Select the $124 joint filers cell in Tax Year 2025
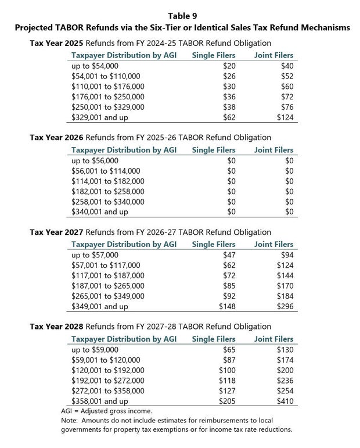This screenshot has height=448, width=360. click(285, 117)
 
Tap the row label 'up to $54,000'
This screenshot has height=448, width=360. click(95, 66)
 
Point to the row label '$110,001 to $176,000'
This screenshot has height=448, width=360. click(107, 87)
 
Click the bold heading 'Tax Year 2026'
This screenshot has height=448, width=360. click(56, 138)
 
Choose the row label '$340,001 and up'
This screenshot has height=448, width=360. click(99, 212)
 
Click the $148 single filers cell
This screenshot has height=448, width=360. click(227, 306)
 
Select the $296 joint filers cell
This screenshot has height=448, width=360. click(285, 306)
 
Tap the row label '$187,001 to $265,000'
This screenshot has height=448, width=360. click(107, 285)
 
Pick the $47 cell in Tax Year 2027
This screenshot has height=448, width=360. click(229, 255)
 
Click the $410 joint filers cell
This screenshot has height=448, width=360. click(285, 401)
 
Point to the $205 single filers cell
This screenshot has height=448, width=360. click(227, 401)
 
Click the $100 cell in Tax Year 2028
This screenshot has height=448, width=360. click(227, 370)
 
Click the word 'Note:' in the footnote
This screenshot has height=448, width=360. click(70, 420)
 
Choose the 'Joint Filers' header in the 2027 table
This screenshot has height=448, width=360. click(273, 245)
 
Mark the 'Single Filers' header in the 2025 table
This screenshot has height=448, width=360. click(214, 56)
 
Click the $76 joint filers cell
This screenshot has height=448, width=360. click(287, 107)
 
